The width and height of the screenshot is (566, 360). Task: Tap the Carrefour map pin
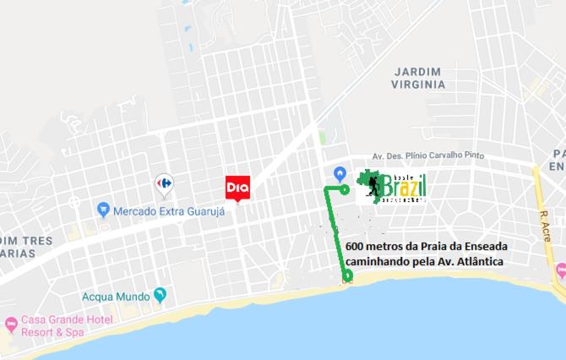click(x=164, y=183)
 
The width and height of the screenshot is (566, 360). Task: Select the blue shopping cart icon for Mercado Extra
click(x=104, y=208)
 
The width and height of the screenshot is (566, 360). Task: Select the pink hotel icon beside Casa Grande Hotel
click(x=11, y=323)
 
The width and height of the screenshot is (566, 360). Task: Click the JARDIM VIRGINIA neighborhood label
click(x=417, y=78)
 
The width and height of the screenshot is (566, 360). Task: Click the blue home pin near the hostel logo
click(x=340, y=173)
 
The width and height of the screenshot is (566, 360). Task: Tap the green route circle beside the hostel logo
click(x=345, y=190)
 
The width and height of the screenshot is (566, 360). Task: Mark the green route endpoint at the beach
click(x=346, y=276)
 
